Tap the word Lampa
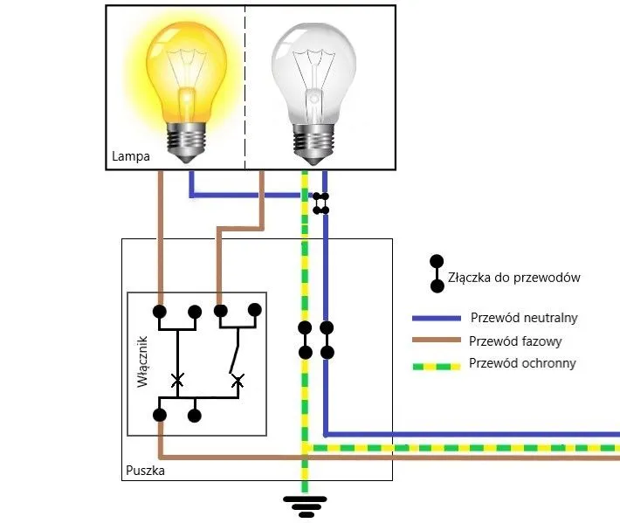[131, 158]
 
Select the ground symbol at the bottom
[305, 505]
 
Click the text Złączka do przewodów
[513, 278]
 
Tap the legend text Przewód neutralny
[524, 317]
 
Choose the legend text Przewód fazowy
[515, 341]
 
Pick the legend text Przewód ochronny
[522, 363]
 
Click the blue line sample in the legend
[437, 318]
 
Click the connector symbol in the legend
[436, 274]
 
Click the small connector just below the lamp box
[321, 203]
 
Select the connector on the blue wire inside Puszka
[327, 341]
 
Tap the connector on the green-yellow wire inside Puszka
[305, 341]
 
